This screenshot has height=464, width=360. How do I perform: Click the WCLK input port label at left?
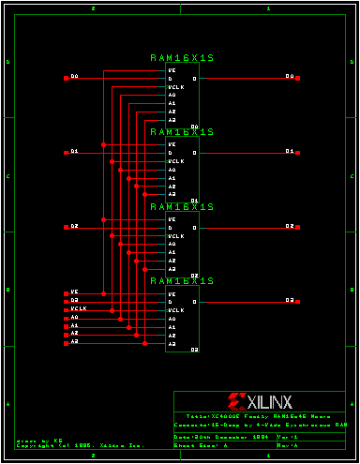pyautogui.click(x=77, y=308)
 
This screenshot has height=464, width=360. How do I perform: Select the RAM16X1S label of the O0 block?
pyautogui.click(x=183, y=57)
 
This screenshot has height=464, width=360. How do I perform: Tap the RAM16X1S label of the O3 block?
pyautogui.click(x=183, y=280)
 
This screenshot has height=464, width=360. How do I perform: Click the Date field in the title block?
pyautogui.click(x=222, y=437)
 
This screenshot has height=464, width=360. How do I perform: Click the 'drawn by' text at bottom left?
pyautogui.click(x=39, y=439)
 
